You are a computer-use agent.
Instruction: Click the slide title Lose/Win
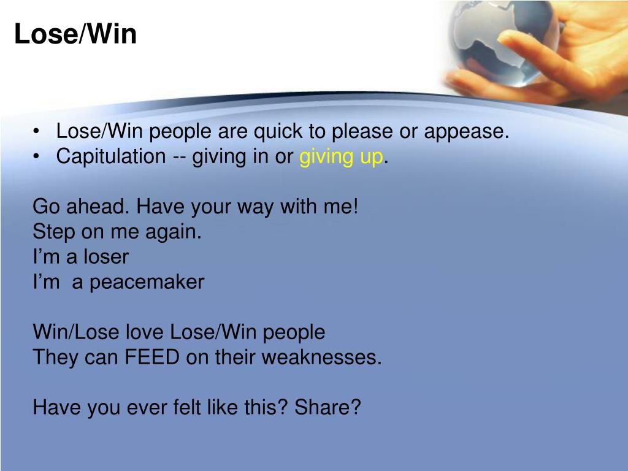click(x=75, y=34)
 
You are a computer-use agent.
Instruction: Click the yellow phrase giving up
click(x=341, y=157)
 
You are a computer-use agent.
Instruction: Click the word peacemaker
click(x=147, y=282)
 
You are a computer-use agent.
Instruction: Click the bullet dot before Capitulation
click(x=38, y=157)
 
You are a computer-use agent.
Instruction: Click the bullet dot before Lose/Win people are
click(x=38, y=132)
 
